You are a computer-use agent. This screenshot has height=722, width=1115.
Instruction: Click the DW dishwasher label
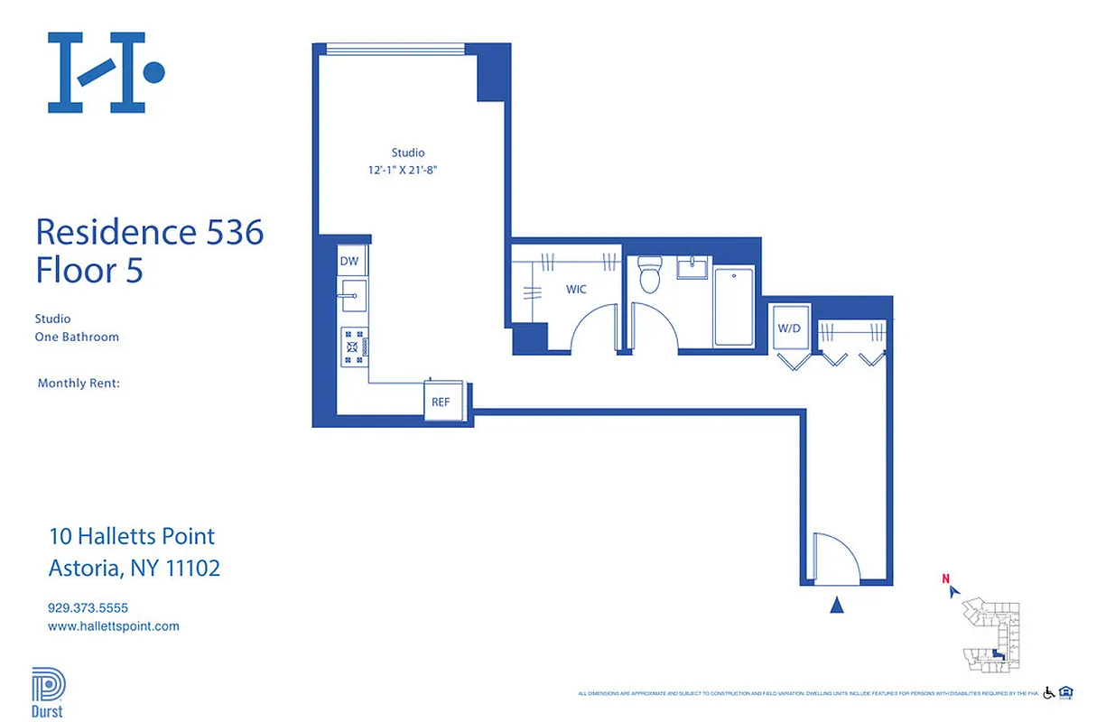pos(349,261)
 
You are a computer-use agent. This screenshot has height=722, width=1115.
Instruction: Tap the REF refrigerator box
pos(440,402)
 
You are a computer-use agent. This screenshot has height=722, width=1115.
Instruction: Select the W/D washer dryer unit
pos(789,329)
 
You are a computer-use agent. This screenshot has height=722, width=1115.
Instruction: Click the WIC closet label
pos(576,290)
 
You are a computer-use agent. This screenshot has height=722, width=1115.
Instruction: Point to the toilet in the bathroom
pos(649,275)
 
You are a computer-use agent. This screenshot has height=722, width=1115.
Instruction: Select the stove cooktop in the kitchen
pos(353,346)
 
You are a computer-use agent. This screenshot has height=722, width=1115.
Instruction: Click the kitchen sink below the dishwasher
pos(351,293)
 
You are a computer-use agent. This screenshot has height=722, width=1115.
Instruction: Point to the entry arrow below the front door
pos(837,606)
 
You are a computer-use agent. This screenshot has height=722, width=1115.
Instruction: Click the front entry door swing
pos(833,557)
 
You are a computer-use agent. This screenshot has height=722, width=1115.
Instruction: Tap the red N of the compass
pos(945,579)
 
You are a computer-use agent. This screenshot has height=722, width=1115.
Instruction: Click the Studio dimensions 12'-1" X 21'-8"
pos(407,170)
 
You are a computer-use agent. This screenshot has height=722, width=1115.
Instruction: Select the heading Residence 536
pos(150,233)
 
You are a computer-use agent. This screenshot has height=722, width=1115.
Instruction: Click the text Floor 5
pos(89,271)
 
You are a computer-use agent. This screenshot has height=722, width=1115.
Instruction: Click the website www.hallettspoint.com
pos(113,626)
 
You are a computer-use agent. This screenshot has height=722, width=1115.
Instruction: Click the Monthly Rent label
pos(79,384)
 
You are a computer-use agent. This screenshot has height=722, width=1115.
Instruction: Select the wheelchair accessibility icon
pos(1049,693)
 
